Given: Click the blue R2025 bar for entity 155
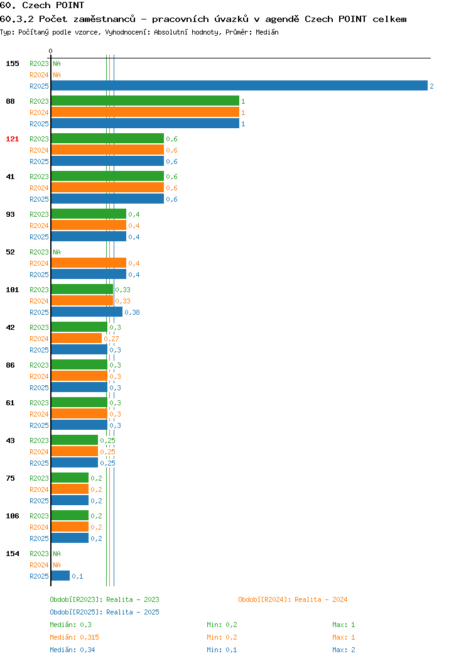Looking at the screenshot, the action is (x=239, y=85).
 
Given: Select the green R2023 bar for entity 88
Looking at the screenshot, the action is (x=145, y=101).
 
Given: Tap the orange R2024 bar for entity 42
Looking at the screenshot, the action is (x=77, y=338).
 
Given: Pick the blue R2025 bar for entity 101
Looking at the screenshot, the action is (x=87, y=312).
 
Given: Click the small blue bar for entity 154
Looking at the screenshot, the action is (x=60, y=576).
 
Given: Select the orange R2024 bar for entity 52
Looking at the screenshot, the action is (x=89, y=263).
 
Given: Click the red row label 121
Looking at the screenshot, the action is (x=12, y=139).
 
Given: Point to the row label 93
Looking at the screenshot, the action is (x=11, y=214).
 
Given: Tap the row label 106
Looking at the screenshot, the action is (x=12, y=516).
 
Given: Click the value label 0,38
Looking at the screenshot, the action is (x=133, y=312).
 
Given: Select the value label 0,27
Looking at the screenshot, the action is (x=112, y=339).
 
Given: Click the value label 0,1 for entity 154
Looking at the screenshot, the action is (x=77, y=576).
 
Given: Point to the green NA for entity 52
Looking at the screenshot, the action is (x=57, y=252).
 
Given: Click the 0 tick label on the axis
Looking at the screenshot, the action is (x=51, y=51).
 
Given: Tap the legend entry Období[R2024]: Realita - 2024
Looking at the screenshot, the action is (x=293, y=599).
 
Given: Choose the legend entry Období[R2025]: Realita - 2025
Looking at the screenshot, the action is (x=104, y=612).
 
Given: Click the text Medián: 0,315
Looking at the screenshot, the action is (x=75, y=637).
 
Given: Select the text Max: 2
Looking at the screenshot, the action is (x=344, y=650).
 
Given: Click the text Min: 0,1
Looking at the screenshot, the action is (x=222, y=650).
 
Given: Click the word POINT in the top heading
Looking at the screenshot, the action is (x=70, y=5).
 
